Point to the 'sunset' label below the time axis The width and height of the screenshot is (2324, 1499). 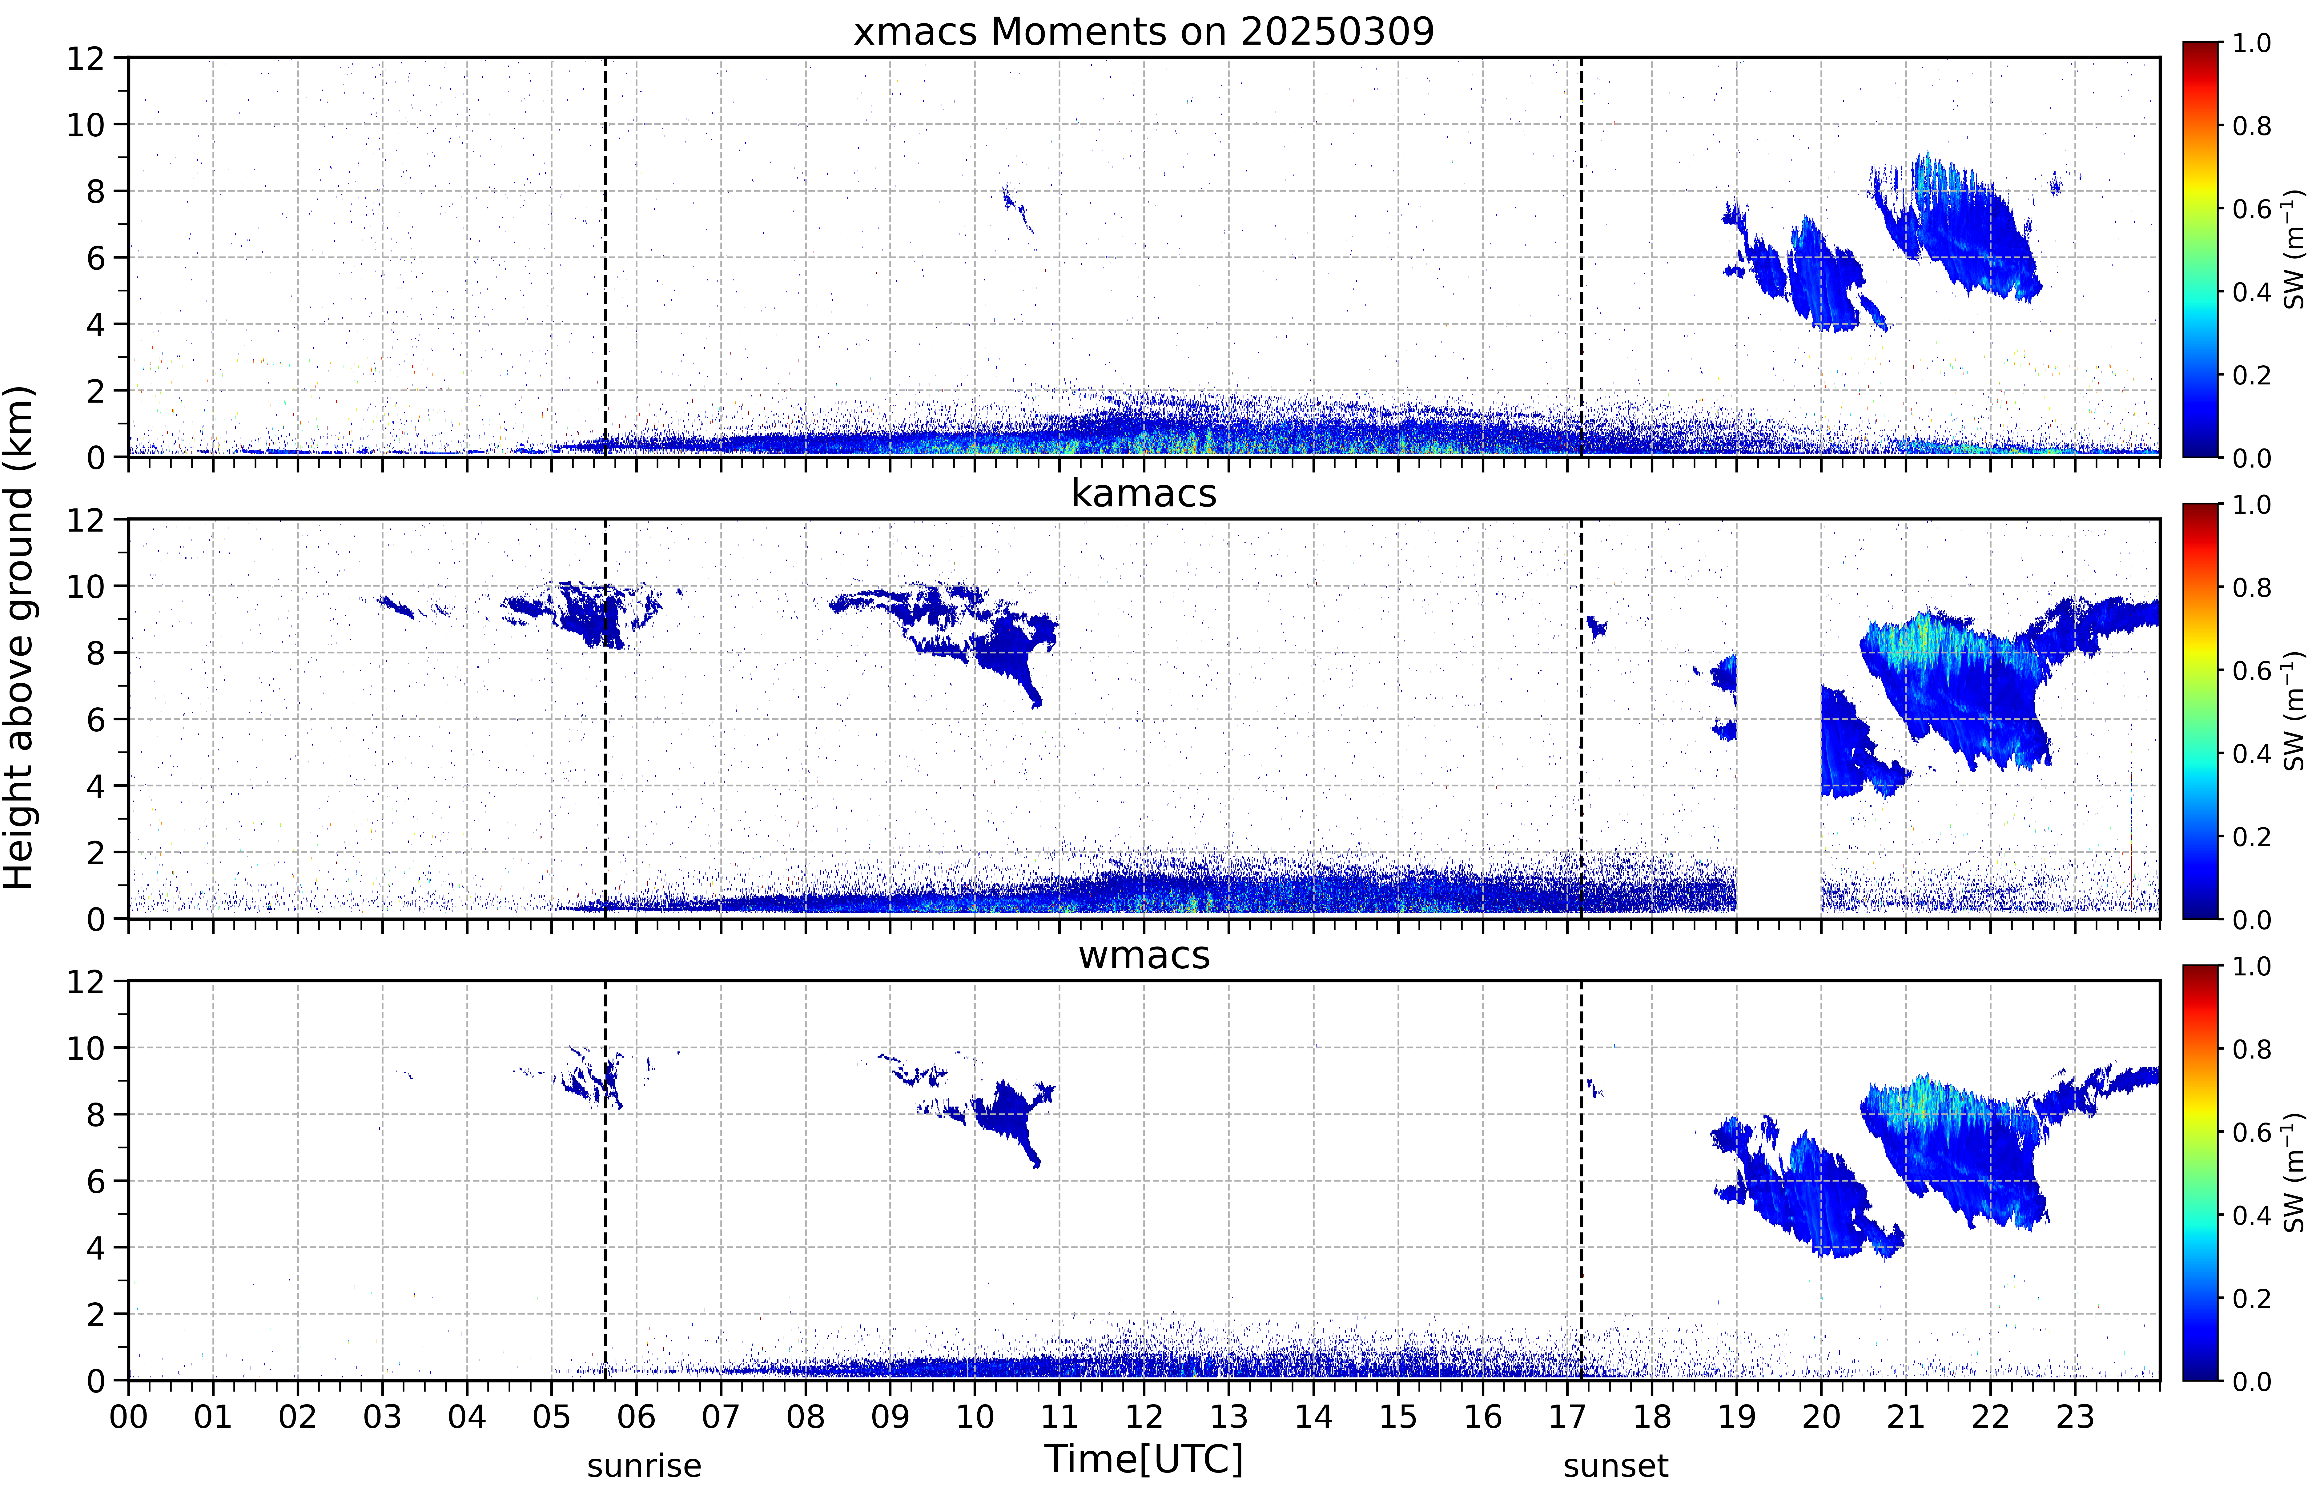[x=1615, y=1466]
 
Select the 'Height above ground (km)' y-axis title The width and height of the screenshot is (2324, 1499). [x=19, y=637]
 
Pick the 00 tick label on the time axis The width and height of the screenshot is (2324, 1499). [x=128, y=1416]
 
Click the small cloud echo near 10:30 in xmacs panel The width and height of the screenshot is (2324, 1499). [x=1017, y=207]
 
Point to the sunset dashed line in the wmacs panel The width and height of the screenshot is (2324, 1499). [x=1582, y=1181]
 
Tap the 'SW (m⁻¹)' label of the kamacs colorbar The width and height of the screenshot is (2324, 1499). [x=2294, y=712]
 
